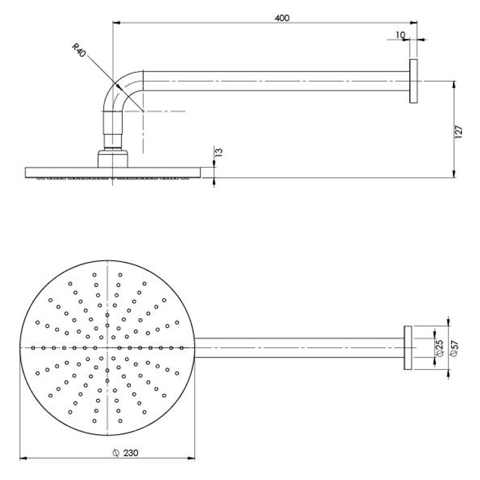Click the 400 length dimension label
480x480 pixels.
pyautogui.click(x=282, y=18)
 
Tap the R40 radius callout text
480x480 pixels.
pyautogui.click(x=79, y=49)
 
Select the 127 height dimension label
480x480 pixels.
pyautogui.click(x=459, y=132)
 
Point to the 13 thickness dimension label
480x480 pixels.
pyautogui.click(x=219, y=152)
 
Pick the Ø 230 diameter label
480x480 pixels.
pyautogui.click(x=126, y=453)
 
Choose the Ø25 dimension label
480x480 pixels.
pyautogui.click(x=440, y=348)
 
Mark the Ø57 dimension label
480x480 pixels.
pyautogui.click(x=454, y=348)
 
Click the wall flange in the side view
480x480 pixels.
pyautogui.click(x=413, y=81)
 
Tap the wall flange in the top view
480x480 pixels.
pyautogui.click(x=408, y=348)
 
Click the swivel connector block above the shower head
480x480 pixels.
pyautogui.click(x=113, y=159)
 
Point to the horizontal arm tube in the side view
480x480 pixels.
pyautogui.click(x=276, y=81)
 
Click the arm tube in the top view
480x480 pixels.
pyautogui.click(x=298, y=348)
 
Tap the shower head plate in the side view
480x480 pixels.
pyautogui.click(x=113, y=172)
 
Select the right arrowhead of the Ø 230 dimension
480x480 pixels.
pyautogui.click(x=192, y=458)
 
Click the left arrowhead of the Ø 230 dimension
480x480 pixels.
pyautogui.click(x=23, y=458)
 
